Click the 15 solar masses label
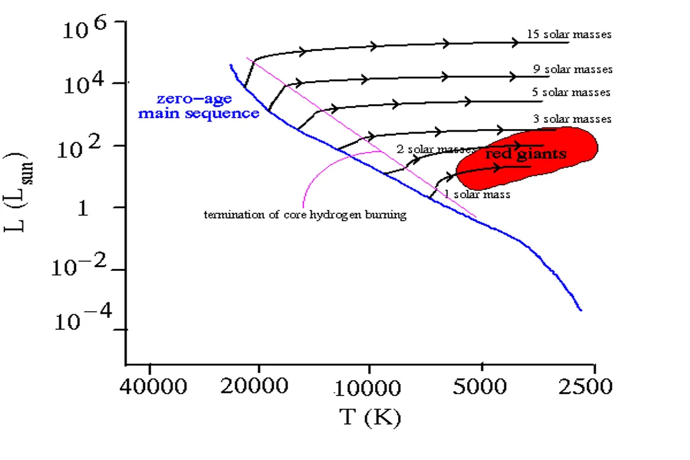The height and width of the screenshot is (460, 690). [569, 34]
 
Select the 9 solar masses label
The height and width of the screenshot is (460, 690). [573, 69]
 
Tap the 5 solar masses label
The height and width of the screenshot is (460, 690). [571, 93]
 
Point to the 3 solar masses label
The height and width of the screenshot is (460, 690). [572, 119]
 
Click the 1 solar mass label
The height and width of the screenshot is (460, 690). [477, 194]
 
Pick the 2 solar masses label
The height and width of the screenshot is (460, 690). [434, 149]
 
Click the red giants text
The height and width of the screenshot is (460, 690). [526, 154]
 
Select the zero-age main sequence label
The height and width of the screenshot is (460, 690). [199, 107]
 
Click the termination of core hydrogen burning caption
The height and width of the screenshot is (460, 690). [305, 215]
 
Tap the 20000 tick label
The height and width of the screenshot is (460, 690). [259, 387]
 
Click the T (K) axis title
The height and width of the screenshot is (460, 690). [370, 418]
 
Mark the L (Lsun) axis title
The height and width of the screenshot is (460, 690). [19, 191]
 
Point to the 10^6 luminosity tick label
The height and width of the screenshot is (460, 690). [89, 29]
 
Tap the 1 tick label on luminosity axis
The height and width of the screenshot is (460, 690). [83, 208]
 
